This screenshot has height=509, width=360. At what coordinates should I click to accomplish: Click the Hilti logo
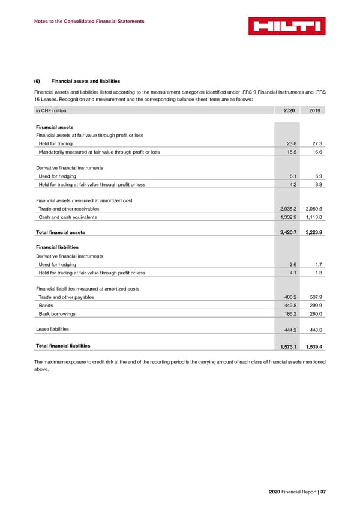(x=287, y=26)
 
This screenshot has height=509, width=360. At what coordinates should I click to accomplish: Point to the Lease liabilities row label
(x=52, y=329)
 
